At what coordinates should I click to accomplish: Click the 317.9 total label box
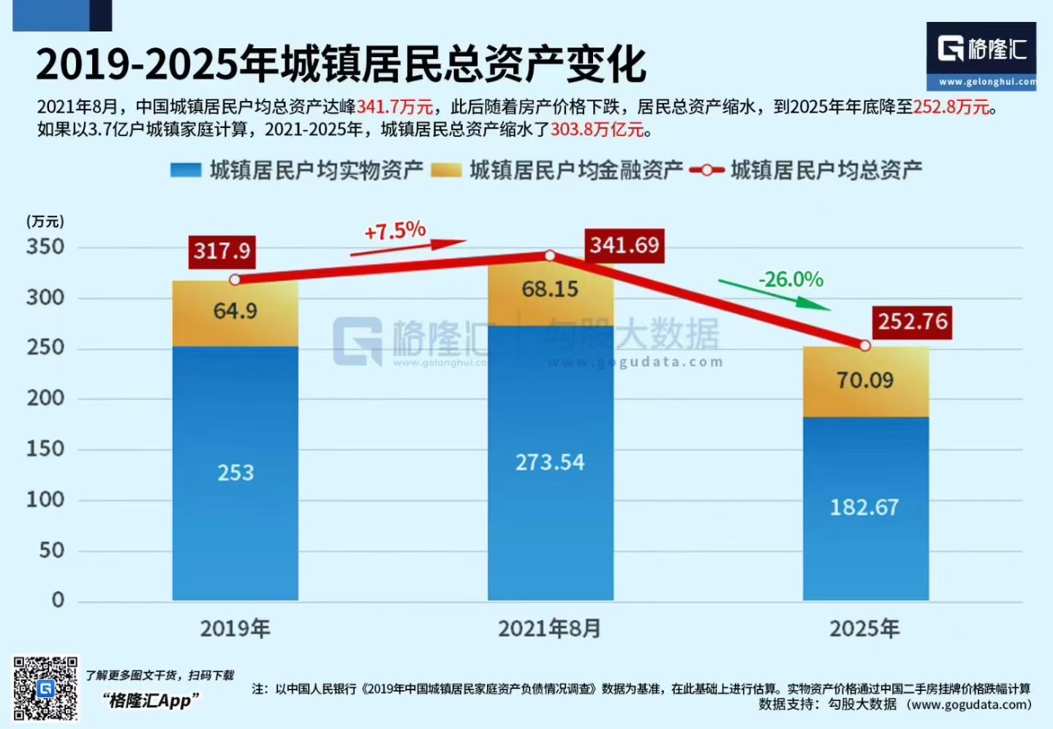pyautogui.click(x=222, y=252)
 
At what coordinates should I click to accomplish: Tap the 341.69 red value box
pyautogui.click(x=624, y=245)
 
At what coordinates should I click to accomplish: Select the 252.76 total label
pyautogui.click(x=913, y=322)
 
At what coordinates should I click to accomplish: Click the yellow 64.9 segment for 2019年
pyautogui.click(x=235, y=313)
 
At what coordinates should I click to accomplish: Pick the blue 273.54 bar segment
pyautogui.click(x=551, y=463)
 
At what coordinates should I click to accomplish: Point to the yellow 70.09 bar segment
pyautogui.click(x=866, y=381)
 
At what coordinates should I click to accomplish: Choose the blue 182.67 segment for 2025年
pyautogui.click(x=866, y=508)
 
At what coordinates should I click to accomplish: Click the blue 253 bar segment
pyautogui.click(x=235, y=473)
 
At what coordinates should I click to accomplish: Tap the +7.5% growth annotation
pyautogui.click(x=395, y=232)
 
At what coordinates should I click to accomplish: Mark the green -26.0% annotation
pyautogui.click(x=791, y=279)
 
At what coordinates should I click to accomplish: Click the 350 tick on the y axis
pyautogui.click(x=45, y=247)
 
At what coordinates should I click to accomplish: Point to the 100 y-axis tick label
pyautogui.click(x=45, y=500)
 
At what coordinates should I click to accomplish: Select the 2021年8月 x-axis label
pyautogui.click(x=549, y=629)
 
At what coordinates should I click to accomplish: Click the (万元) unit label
pyautogui.click(x=45, y=222)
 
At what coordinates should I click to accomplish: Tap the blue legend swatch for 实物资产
pyautogui.click(x=185, y=170)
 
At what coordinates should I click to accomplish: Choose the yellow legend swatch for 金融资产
pyautogui.click(x=446, y=170)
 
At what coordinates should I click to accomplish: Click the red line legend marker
pyautogui.click(x=706, y=170)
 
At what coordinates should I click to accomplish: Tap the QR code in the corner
pyautogui.click(x=45, y=689)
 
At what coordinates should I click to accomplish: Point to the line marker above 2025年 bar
pyautogui.click(x=865, y=346)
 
